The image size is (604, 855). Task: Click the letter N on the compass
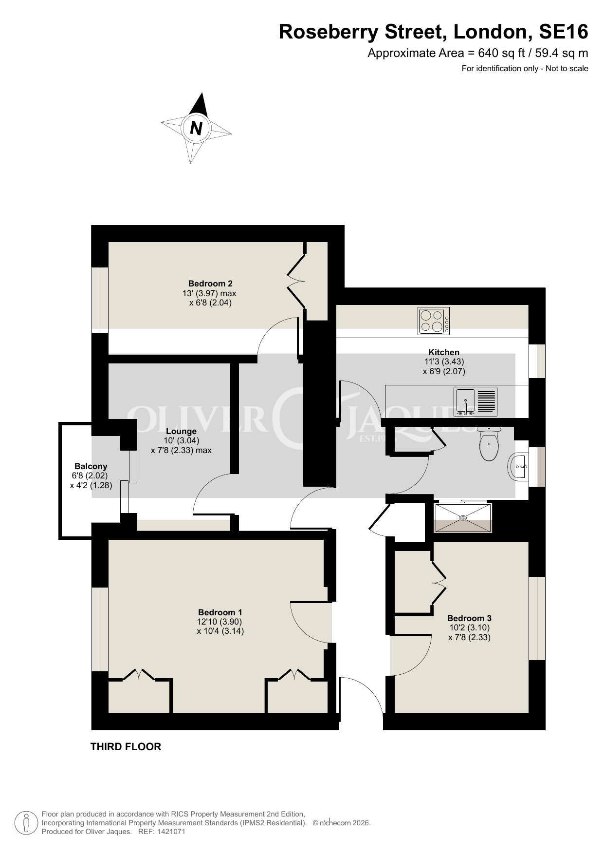[x=196, y=128]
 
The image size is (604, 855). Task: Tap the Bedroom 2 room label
[x=210, y=284]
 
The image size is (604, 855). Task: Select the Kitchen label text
[x=444, y=352]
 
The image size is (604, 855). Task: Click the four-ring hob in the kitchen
[x=434, y=321]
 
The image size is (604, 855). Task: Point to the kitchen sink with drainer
[x=476, y=402]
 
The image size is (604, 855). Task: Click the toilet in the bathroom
[x=489, y=444]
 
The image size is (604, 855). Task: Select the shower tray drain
[x=463, y=517]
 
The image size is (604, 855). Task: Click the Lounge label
[x=181, y=431]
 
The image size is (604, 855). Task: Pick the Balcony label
[x=91, y=467]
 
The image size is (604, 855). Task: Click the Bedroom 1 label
[x=220, y=612]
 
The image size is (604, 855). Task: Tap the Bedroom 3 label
[x=469, y=618]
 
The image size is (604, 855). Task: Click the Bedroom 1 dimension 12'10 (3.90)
[x=220, y=622]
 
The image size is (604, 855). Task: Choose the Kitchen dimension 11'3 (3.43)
[x=444, y=361]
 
